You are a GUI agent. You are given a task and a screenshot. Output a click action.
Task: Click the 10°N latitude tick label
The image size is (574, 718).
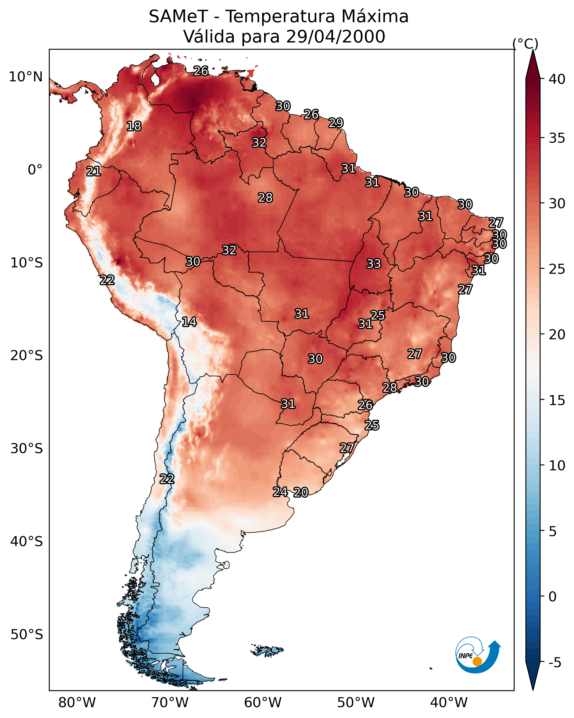point(26,77)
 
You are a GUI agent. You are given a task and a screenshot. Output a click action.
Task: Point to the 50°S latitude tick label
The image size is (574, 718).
point(27,635)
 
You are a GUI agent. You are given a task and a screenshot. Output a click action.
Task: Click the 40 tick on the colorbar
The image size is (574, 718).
point(557,79)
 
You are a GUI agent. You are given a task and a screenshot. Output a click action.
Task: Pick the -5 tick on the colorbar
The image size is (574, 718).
point(555,663)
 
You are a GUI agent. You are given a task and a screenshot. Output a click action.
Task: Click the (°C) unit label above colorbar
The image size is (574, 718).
point(525,44)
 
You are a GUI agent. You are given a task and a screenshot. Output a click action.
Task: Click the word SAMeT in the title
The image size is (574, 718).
point(178,17)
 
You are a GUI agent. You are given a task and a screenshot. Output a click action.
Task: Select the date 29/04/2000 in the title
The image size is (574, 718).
point(335,37)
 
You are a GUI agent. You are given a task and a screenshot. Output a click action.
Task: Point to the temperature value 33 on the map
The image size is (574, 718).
point(374,264)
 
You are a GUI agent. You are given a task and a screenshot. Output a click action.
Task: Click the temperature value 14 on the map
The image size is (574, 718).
point(189,322)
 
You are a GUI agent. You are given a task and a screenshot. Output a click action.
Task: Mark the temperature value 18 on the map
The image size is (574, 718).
point(134,126)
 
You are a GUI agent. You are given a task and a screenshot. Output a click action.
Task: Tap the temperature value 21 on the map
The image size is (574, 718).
point(93,172)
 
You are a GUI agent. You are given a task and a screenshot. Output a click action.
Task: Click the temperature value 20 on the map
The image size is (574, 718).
point(301,492)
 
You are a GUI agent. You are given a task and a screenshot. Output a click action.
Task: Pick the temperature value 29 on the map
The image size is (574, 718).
point(336,123)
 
